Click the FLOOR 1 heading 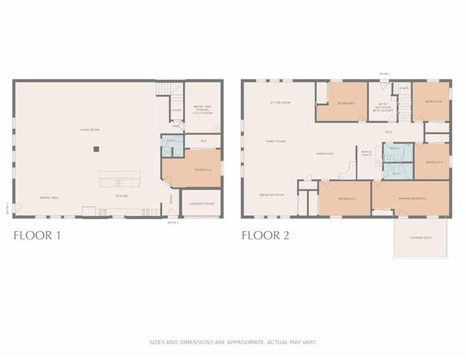coord(38,235)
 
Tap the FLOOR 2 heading coord(266,235)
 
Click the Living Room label coord(91,130)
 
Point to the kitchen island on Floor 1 coord(119,182)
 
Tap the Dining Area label coord(50,198)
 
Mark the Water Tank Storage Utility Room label coord(203,109)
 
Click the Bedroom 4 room coord(434,101)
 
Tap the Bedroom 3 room coord(434,162)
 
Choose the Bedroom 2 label coord(346,198)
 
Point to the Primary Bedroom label coord(411,198)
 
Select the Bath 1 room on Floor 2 coord(395,148)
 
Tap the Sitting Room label coord(281,103)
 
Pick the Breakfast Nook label coord(272,194)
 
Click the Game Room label coord(324,153)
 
